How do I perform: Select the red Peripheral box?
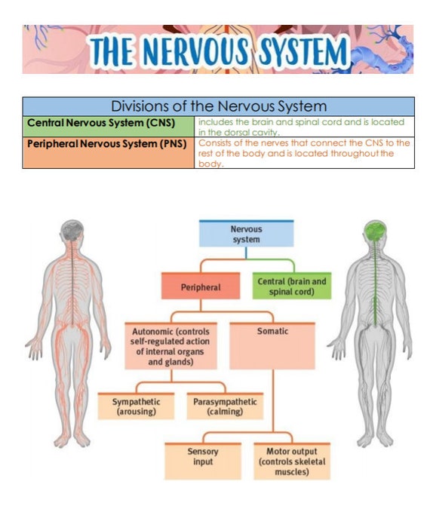pos(201,287)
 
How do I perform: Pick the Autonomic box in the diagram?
pos(170,346)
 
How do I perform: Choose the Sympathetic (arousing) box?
pos(134,406)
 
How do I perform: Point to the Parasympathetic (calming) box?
pos(225,406)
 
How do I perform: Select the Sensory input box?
pos(202,461)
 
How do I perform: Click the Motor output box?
pos(292,461)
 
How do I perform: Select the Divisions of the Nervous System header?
pos(218,106)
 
